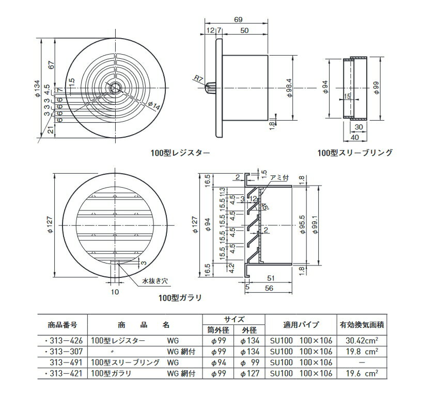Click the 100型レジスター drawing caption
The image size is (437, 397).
point(180,153)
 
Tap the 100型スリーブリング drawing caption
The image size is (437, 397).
point(355,153)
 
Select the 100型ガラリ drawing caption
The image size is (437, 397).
point(180,298)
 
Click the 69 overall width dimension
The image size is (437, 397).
point(238,20)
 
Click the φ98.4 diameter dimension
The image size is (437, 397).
point(289,88)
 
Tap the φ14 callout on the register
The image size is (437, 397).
point(154,106)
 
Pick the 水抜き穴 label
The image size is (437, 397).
point(155,281)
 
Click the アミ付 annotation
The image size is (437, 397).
point(280,177)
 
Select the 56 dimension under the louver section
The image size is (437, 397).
point(269,288)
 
